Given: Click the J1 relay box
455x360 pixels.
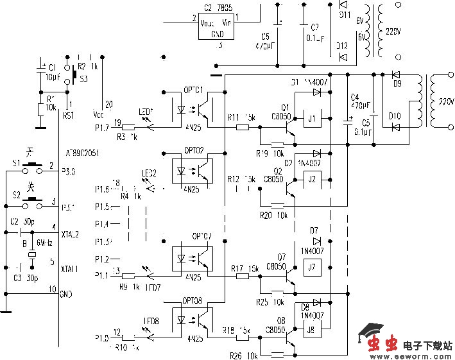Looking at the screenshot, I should pyautogui.click(x=312, y=119).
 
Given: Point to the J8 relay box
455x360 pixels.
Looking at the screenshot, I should pyautogui.click(x=311, y=330).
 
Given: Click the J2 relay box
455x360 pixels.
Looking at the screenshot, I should pyautogui.click(x=312, y=179).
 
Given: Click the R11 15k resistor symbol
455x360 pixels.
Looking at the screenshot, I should pyautogui.click(x=243, y=127).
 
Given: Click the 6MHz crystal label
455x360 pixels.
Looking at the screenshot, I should pyautogui.click(x=44, y=243).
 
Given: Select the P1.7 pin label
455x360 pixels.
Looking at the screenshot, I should pyautogui.click(x=101, y=128).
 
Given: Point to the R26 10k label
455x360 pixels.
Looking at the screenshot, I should pyautogui.click(x=245, y=355).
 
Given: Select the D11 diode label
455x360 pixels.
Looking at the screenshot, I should pyautogui.click(x=344, y=14).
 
